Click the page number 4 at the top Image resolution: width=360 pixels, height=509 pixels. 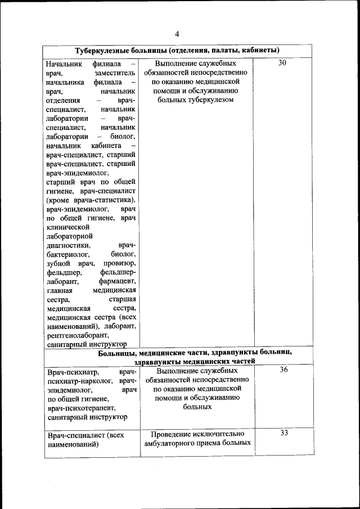pos(177,34)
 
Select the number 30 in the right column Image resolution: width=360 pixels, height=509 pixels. pos(282,63)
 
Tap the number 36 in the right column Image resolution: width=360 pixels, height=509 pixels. pos(283,370)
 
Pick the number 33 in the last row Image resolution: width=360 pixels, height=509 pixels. pos(283,433)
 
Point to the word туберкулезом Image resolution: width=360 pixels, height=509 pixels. pos(210,100)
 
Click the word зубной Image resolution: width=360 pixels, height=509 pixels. pos(58,263)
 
